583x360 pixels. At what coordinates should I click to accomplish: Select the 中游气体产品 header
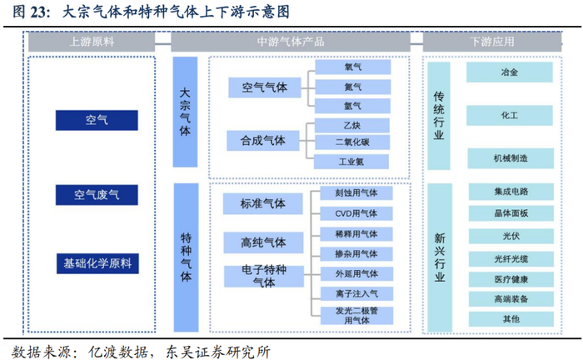(291, 42)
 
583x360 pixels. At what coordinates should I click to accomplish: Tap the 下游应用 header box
(491, 42)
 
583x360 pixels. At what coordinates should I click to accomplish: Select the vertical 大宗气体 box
(185, 112)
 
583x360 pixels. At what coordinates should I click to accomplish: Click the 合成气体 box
(263, 141)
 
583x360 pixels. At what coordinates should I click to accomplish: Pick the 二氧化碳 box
(352, 142)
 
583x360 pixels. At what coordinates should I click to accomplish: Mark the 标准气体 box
(263, 203)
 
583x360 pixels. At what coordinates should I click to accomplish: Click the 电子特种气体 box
(263, 277)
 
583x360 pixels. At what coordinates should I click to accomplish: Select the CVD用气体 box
(356, 212)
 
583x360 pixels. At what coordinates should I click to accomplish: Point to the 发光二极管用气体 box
(356, 315)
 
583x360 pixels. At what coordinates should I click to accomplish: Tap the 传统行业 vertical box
(439, 114)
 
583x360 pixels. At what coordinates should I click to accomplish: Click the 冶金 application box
(511, 72)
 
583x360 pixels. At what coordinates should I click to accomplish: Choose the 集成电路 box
(511, 192)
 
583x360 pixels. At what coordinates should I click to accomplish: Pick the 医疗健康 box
(511, 277)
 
